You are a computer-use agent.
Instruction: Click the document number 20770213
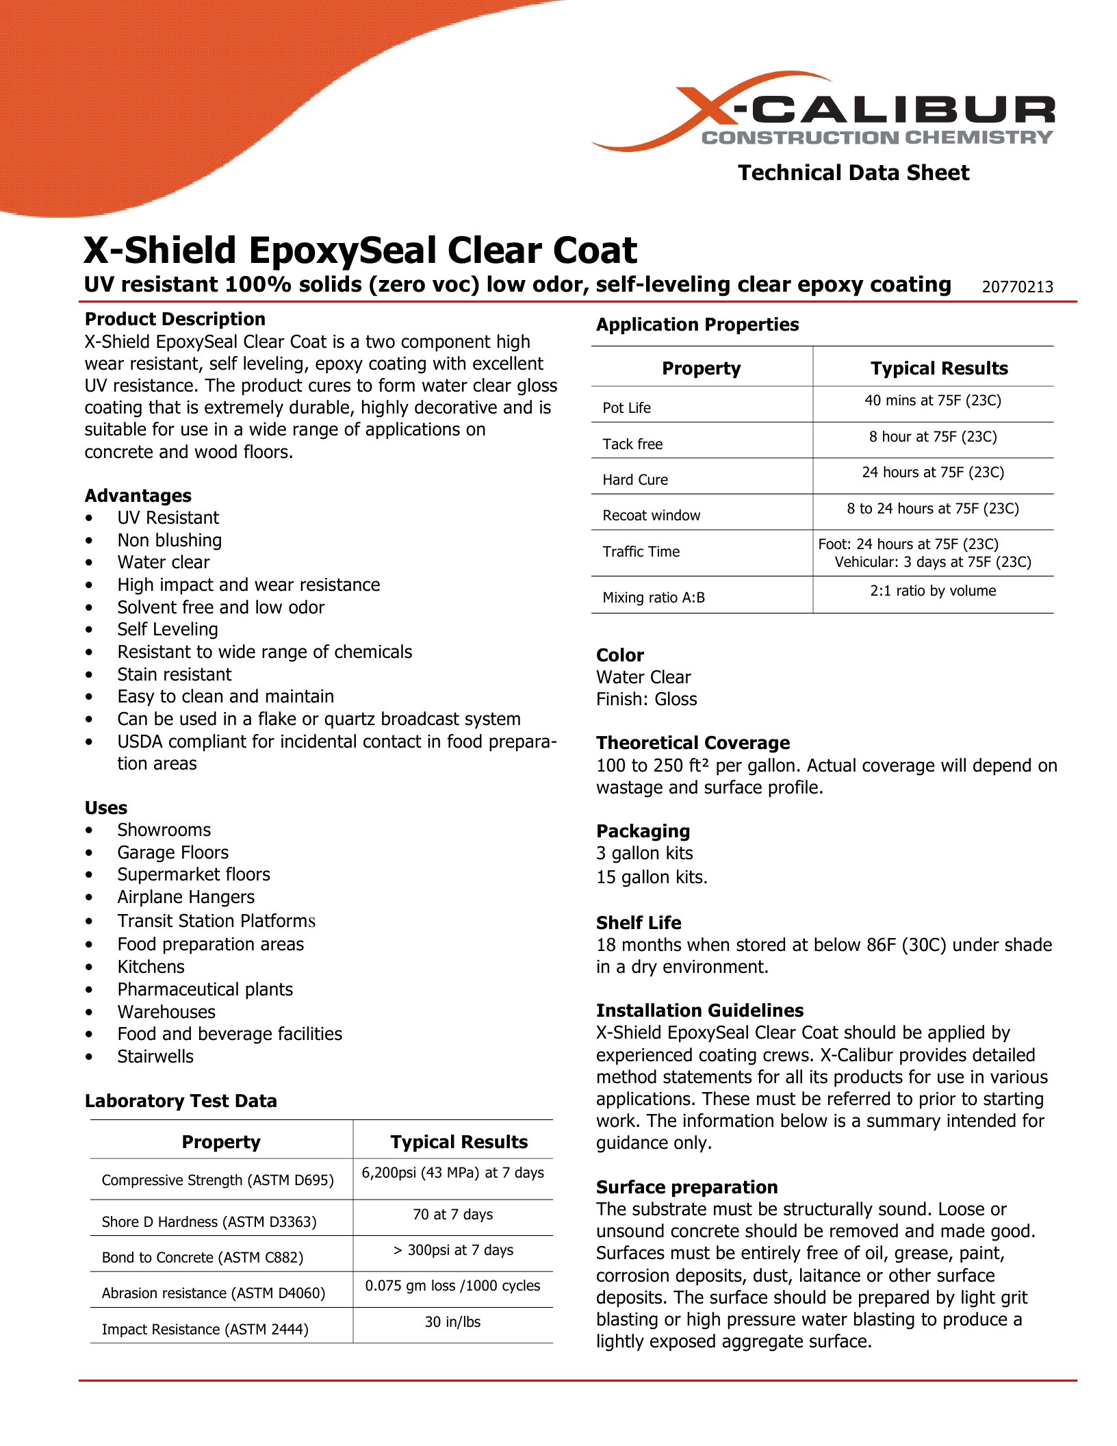point(1017,287)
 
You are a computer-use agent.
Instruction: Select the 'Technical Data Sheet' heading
point(853,173)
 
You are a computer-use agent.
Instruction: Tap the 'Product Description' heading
point(175,319)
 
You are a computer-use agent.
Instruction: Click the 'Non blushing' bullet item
point(169,540)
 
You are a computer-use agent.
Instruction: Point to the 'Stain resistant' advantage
point(174,674)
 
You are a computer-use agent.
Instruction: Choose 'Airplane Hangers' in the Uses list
point(185,897)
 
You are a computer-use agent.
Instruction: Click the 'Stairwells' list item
point(155,1056)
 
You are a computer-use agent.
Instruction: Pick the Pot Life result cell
point(932,401)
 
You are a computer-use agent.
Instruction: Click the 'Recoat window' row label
point(651,516)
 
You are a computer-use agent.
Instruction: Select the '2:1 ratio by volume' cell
point(932,591)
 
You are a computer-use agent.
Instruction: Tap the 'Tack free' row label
point(632,444)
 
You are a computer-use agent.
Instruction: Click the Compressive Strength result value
point(452,1173)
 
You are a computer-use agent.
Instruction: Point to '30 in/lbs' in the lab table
point(452,1322)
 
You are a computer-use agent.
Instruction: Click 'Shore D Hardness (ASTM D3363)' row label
point(209,1222)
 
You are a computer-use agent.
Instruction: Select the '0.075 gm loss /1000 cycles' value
point(452,1286)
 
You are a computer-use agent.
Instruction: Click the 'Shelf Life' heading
point(638,923)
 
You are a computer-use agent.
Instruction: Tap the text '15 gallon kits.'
point(652,877)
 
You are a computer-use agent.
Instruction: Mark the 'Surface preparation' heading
point(686,1187)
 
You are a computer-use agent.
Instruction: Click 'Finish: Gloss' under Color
point(646,699)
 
